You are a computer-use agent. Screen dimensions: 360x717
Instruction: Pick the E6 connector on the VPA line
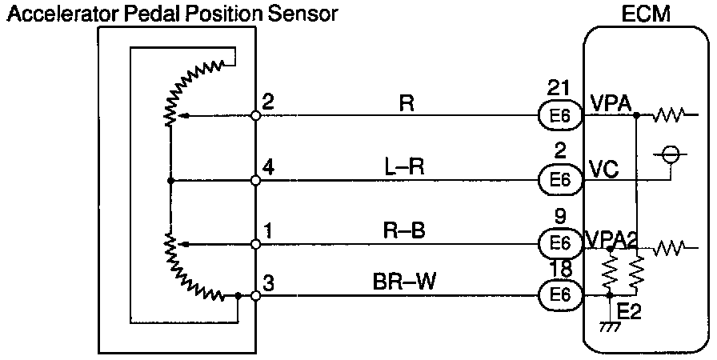[560, 117]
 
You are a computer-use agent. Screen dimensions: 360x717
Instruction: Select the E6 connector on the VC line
[560, 181]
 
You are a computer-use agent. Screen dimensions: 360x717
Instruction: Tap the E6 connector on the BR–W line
[560, 296]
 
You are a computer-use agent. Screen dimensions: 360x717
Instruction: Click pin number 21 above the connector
[559, 87]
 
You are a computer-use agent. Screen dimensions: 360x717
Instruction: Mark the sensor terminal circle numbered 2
[255, 116]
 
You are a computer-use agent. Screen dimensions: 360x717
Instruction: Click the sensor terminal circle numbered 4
[255, 181]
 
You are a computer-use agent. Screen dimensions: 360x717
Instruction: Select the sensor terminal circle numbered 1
[255, 243]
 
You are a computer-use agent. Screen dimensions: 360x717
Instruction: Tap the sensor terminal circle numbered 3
[255, 296]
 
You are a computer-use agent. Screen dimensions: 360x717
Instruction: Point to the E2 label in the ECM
[631, 310]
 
